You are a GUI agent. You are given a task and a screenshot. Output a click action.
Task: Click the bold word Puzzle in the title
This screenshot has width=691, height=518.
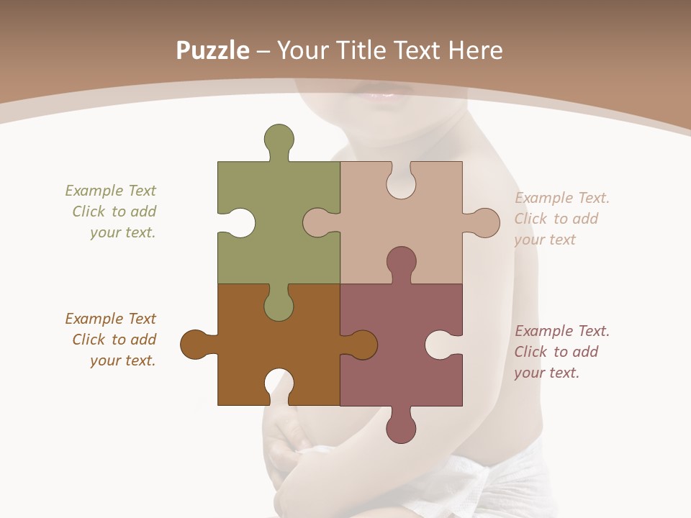pyautogui.click(x=213, y=50)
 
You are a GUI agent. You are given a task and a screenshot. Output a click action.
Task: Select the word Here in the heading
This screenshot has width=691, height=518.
pyautogui.click(x=476, y=50)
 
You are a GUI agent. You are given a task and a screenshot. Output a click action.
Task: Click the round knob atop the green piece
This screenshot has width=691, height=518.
pyautogui.click(x=279, y=138)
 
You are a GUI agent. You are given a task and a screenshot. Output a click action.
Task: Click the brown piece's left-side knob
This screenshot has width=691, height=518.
pyautogui.click(x=195, y=345)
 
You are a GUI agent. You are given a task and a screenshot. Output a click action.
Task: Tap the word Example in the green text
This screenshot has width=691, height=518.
pyautogui.click(x=94, y=191)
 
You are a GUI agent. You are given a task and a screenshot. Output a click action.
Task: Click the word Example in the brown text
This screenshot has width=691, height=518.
pyautogui.click(x=94, y=319)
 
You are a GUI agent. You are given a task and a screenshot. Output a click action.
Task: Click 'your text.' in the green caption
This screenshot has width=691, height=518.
pyautogui.click(x=122, y=232)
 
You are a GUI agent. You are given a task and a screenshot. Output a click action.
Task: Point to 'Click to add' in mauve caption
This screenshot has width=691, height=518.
pyautogui.click(x=556, y=352)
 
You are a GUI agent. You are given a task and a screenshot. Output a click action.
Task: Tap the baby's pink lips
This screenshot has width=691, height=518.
pyautogui.click(x=382, y=93)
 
